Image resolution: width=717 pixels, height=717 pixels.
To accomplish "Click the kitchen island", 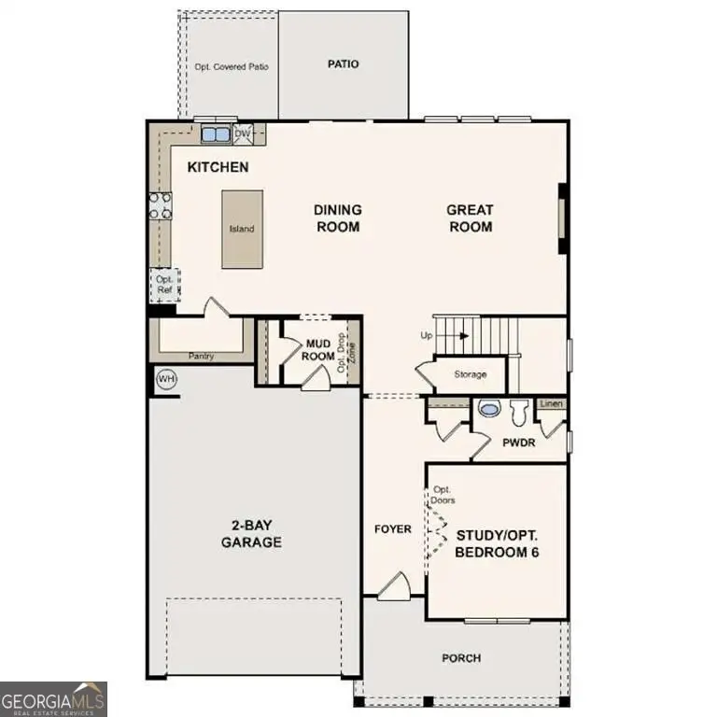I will [x=242, y=229].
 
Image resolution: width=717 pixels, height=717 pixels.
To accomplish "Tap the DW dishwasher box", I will [x=243, y=134].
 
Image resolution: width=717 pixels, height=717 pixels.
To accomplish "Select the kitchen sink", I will [x=217, y=134].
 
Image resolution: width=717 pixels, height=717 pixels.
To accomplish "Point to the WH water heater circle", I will [x=166, y=379].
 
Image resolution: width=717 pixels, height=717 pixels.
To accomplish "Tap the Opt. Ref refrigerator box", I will [x=164, y=284].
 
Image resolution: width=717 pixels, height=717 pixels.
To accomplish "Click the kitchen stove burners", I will [x=160, y=205].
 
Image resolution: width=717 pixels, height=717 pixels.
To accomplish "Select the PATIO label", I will [x=344, y=64].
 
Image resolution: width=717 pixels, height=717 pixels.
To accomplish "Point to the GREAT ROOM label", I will [x=470, y=218].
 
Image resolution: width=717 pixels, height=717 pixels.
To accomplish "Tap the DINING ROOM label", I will [x=337, y=218].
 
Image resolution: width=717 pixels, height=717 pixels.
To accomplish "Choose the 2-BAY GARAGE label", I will [x=251, y=533].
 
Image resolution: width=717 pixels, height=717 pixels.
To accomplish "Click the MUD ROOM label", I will [x=320, y=349].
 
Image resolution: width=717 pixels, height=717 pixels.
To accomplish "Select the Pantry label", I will [x=202, y=356].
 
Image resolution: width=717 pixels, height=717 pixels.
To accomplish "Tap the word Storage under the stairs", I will [x=471, y=374].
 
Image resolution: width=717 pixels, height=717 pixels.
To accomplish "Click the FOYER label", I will [x=393, y=529].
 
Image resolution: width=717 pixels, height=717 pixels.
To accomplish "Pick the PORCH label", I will [x=461, y=658].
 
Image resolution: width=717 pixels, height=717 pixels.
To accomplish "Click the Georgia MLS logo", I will [x=54, y=698].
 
